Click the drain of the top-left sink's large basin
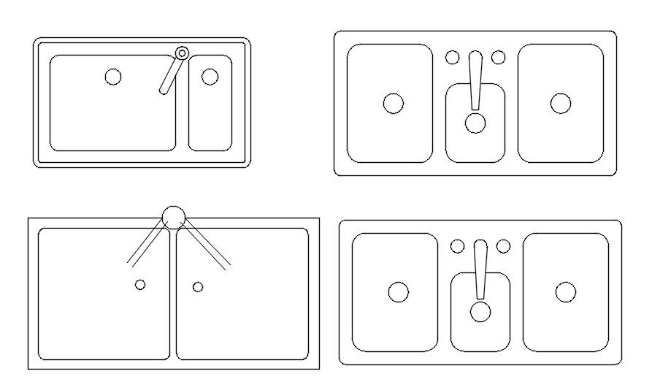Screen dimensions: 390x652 pyautogui.click(x=113, y=77)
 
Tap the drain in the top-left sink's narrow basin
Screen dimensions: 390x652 pyautogui.click(x=210, y=77)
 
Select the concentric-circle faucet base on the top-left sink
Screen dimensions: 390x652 pyautogui.click(x=183, y=53)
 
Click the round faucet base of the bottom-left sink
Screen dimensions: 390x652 pyautogui.click(x=174, y=216)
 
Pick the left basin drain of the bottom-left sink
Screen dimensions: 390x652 pyautogui.click(x=140, y=284)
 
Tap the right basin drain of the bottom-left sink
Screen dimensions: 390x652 pyautogui.click(x=198, y=286)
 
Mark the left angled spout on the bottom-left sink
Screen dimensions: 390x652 pyautogui.click(x=147, y=244)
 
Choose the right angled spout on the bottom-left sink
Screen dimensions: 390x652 pyautogui.click(x=208, y=244)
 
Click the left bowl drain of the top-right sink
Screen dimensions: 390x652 pyautogui.click(x=393, y=104)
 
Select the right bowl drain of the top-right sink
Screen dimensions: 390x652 pyautogui.click(x=561, y=104)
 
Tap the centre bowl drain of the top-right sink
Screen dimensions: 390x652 pyautogui.click(x=475, y=123)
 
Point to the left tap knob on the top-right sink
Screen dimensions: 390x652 pyautogui.click(x=453, y=57)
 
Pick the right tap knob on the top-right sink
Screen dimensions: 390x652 pyautogui.click(x=499, y=57)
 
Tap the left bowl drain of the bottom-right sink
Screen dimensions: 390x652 pyautogui.click(x=398, y=293)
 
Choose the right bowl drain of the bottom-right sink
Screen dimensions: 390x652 pyautogui.click(x=566, y=293)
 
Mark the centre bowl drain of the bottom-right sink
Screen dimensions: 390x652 pyautogui.click(x=480, y=312)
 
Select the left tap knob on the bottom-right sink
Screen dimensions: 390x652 pyautogui.click(x=458, y=246)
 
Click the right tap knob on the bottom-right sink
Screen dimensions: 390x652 pyautogui.click(x=504, y=246)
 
